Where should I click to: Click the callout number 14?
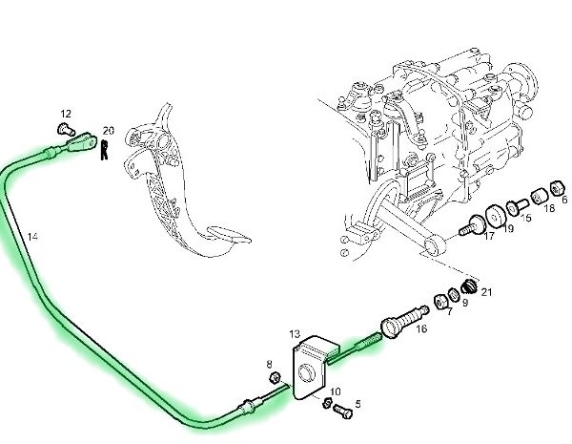coord(33,235)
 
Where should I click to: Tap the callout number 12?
coord(66,113)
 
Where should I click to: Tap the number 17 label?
coord(488,237)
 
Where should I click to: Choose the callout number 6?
coord(562,201)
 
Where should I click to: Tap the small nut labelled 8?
coord(274,380)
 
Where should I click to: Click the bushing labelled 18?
coord(539,198)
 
